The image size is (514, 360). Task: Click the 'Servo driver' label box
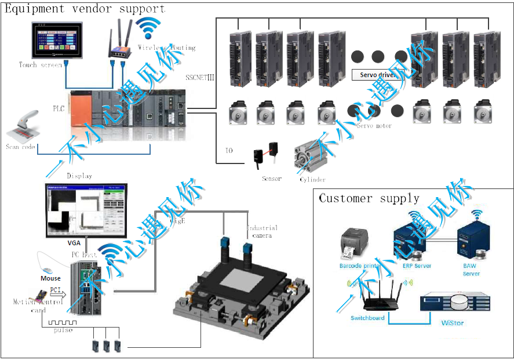coord(377,75)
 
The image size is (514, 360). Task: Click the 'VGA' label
coord(74,243)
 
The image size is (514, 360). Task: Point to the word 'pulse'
coord(63,330)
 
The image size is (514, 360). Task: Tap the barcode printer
coord(355,244)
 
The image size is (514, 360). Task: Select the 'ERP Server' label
coord(417,266)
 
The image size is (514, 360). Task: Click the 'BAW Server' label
coord(471,270)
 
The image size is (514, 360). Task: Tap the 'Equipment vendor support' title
coord(85,9)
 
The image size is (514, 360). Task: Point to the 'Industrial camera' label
coord(262,231)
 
